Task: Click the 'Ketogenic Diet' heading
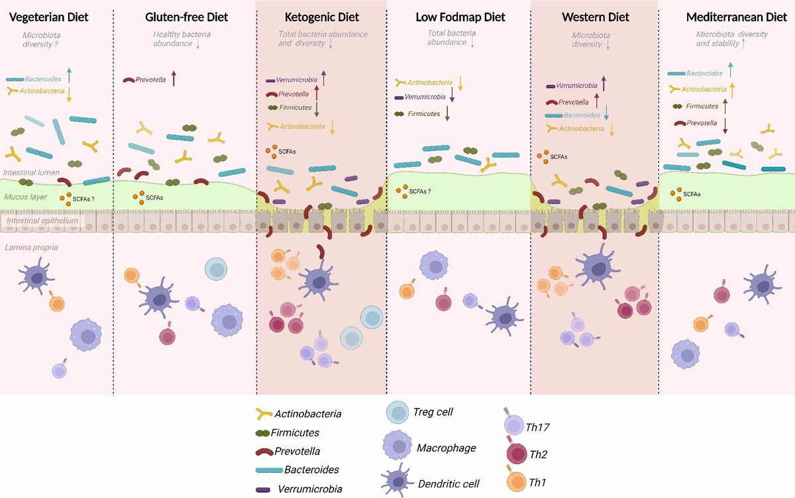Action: (321, 17)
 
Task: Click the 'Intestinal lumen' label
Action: (32, 173)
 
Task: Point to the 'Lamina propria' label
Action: (30, 246)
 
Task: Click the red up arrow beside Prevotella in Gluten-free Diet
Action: (174, 78)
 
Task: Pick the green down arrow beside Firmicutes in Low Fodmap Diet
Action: (448, 113)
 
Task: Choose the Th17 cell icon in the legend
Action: (514, 424)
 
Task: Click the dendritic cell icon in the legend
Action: (397, 482)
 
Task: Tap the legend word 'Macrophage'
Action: (446, 448)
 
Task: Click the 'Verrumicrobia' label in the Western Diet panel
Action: (576, 85)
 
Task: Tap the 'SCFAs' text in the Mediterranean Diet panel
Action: (692, 194)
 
